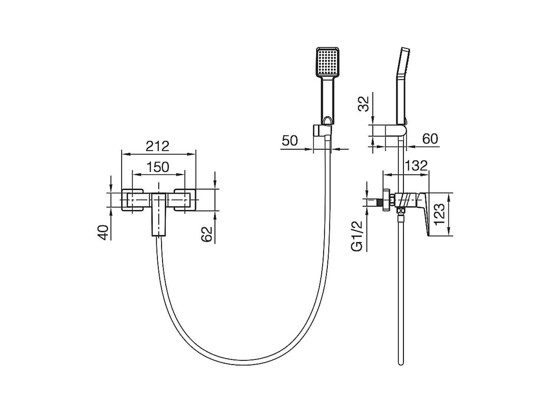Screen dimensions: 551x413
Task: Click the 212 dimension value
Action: click(157, 146)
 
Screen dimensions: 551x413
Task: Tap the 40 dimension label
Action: click(103, 232)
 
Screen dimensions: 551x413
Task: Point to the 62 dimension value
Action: click(206, 234)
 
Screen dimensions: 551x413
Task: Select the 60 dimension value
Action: click(430, 138)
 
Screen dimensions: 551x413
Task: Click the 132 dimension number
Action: click(416, 165)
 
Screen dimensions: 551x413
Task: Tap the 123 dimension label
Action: click(439, 214)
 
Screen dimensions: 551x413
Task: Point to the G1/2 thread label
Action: click(357, 236)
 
